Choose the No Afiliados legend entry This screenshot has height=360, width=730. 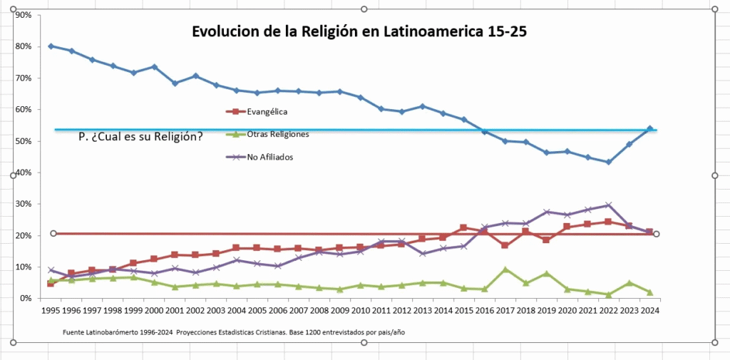[270, 157]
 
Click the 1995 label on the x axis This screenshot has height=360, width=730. [51, 311]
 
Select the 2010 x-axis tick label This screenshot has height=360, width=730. [360, 311]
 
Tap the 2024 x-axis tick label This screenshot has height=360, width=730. [649, 311]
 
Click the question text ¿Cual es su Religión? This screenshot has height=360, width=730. [140, 136]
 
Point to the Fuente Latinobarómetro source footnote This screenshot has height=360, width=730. [235, 332]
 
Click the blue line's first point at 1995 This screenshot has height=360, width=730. [51, 46]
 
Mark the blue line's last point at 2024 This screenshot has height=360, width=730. [649, 129]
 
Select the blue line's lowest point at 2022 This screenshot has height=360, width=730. [608, 162]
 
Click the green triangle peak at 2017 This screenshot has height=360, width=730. [505, 269]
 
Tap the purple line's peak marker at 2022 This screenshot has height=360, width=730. [608, 205]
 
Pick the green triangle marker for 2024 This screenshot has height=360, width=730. [649, 292]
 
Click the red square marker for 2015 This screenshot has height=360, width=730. [463, 227]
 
